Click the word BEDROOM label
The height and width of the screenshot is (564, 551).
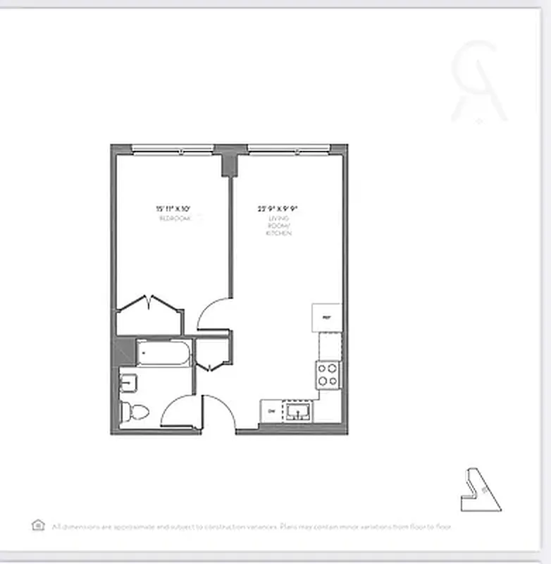pyautogui.click(x=173, y=219)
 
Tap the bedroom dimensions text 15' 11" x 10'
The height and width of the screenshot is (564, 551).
pyautogui.click(x=173, y=209)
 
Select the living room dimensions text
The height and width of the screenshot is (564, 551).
pyautogui.click(x=278, y=209)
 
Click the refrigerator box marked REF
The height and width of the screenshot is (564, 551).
pyautogui.click(x=326, y=317)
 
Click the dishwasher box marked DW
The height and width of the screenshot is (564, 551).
pyautogui.click(x=271, y=412)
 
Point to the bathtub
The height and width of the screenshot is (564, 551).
pyautogui.click(x=163, y=353)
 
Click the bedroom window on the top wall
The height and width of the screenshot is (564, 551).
pyautogui.click(x=173, y=149)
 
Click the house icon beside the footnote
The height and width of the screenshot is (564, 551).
pyautogui.click(x=38, y=525)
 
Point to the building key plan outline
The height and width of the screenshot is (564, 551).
pyautogui.click(x=481, y=491)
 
